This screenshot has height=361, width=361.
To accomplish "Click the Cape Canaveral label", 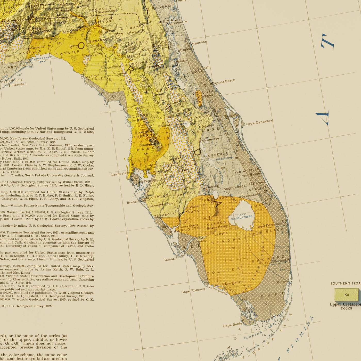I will point(259,122).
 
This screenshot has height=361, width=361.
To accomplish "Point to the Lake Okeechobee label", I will point(241,217).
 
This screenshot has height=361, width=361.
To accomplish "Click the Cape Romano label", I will point(193,291).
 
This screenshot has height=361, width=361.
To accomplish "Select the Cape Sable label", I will point(232,325).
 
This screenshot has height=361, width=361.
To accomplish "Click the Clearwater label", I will point(119,174).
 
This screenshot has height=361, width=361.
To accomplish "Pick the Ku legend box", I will point(346,294).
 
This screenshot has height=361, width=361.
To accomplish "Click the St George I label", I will point(17,84).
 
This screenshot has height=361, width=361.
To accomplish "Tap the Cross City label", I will point(89,77).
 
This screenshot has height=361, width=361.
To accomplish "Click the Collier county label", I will point(223,270).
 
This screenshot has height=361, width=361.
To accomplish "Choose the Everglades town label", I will point(233,282).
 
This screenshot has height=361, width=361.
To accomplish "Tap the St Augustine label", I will point(198,43).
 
